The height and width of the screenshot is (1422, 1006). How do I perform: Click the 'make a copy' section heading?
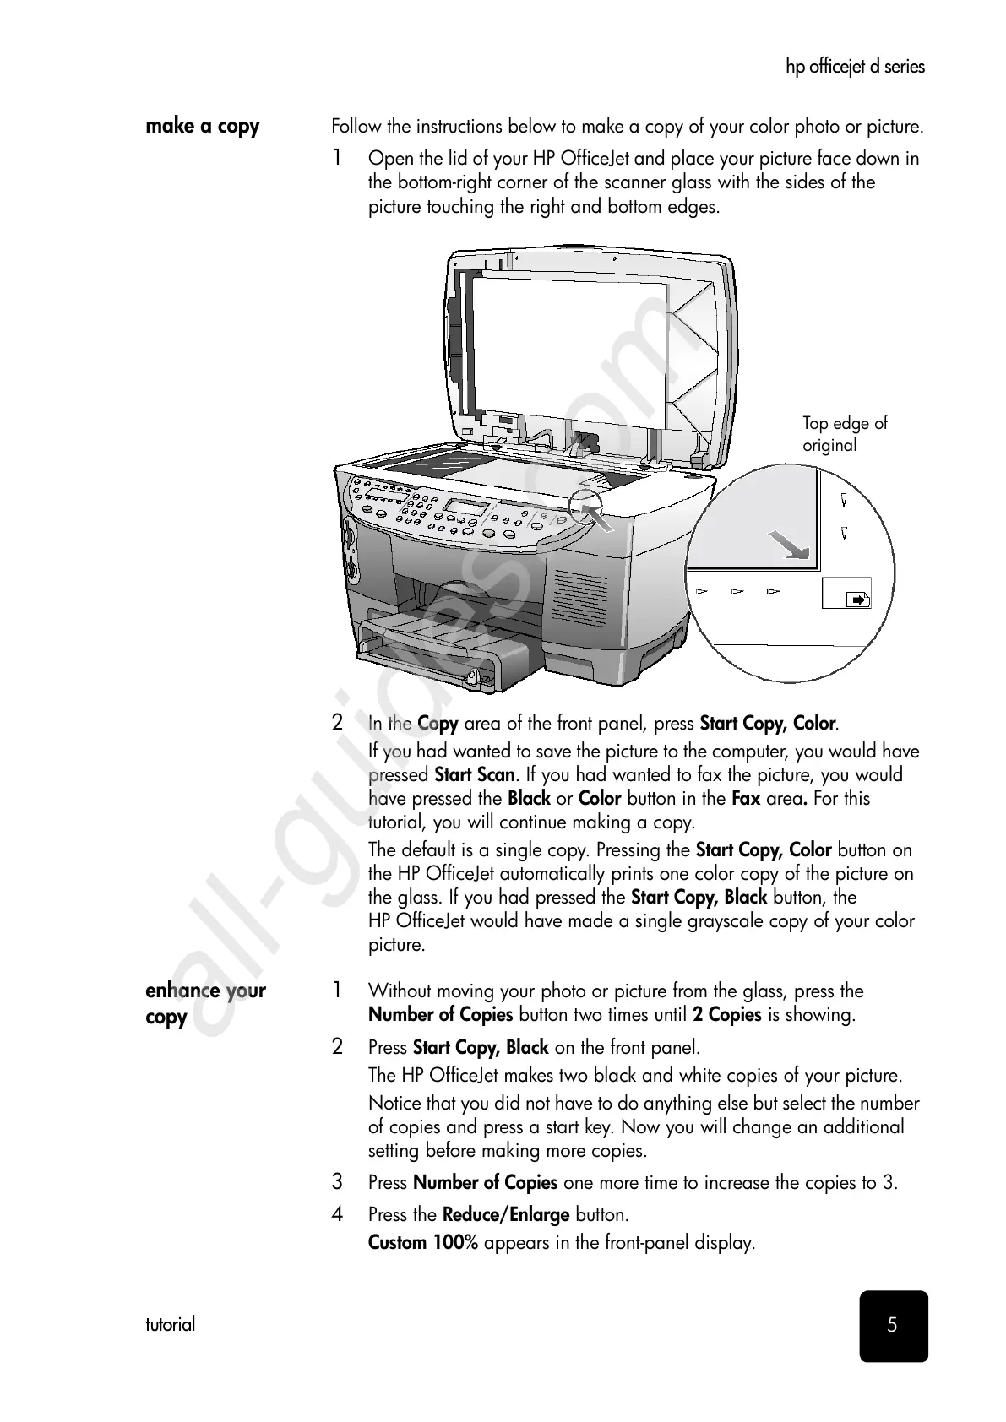pos(202,127)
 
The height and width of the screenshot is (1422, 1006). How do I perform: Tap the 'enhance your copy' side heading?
pos(205,1002)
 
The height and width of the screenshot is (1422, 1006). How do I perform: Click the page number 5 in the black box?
pos(893,1325)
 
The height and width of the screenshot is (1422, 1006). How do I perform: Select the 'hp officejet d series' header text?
pos(855,67)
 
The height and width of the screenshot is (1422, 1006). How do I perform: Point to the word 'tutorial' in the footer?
pos(170,1324)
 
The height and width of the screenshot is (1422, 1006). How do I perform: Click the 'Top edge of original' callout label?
pos(845,434)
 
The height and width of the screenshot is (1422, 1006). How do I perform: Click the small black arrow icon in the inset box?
pos(857,600)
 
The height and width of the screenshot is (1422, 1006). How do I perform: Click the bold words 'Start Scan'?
pos(474,775)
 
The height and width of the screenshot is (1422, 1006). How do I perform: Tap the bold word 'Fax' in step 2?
pos(745,799)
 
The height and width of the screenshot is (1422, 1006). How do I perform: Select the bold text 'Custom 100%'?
pos(423,1243)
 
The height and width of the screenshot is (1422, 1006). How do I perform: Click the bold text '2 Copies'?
pos(727,1015)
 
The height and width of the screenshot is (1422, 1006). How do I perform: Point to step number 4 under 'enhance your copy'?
pos(338,1215)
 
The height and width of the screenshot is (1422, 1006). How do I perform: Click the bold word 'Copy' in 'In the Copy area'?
pos(438,724)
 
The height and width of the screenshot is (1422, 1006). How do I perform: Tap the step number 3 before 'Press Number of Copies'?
pos(338,1182)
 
